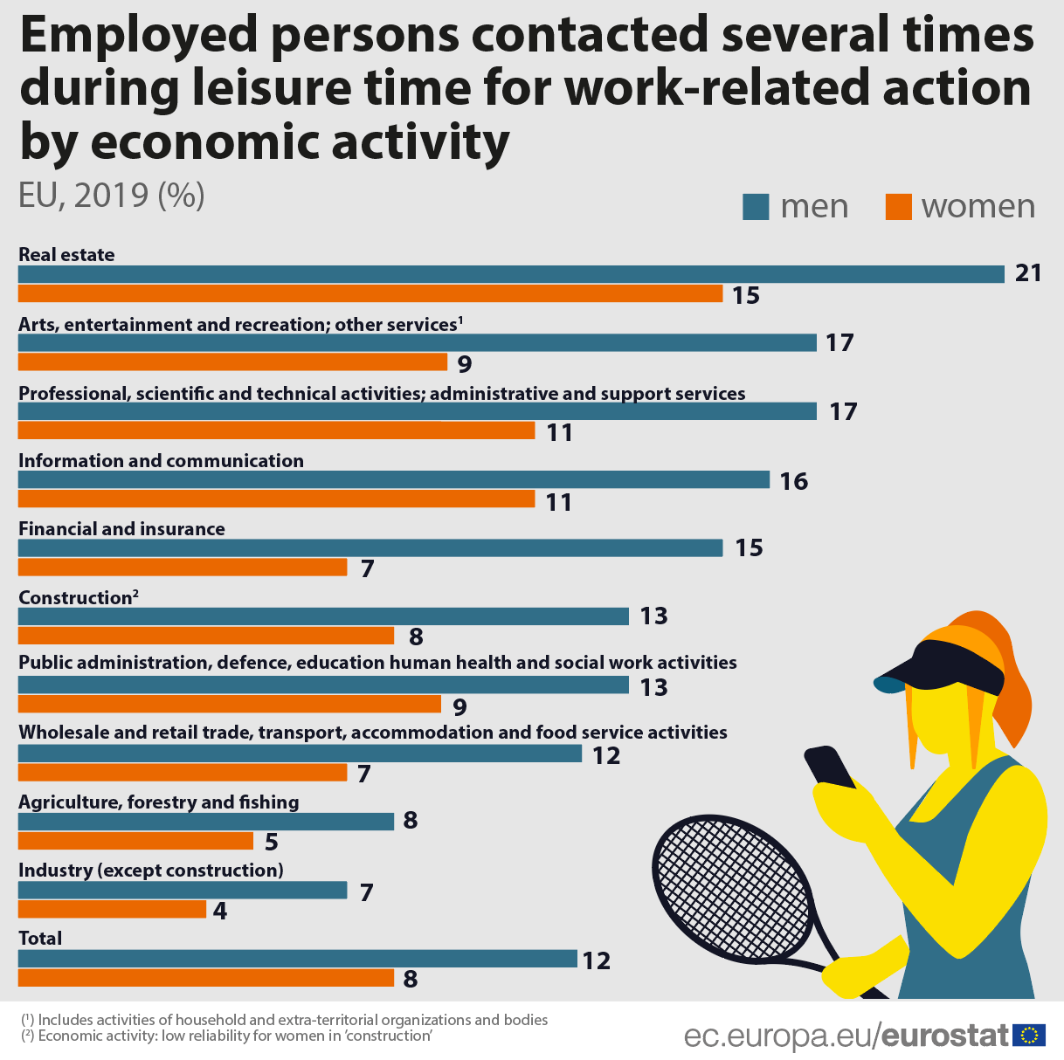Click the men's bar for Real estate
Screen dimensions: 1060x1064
point(511,274)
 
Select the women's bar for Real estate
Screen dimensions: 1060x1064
point(370,294)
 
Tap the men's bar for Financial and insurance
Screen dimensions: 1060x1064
point(370,548)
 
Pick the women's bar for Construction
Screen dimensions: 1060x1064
point(206,636)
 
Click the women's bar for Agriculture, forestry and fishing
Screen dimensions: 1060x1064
point(135,841)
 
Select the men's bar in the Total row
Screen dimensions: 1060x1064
point(297,959)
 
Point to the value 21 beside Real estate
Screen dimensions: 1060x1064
point(1028,273)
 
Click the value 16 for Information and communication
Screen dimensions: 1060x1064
point(793,481)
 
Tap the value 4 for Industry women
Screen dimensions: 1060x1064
point(220,912)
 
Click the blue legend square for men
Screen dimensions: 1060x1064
point(756,207)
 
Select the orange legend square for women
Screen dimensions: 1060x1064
point(898,207)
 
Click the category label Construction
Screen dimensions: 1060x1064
point(75,598)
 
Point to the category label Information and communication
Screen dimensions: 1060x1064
point(161,461)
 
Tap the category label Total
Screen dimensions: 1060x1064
point(40,939)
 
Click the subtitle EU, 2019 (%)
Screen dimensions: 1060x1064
point(112,195)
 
